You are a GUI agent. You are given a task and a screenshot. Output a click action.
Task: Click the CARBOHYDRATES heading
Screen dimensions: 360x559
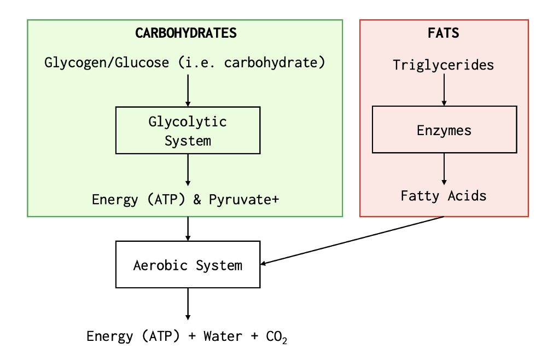186,33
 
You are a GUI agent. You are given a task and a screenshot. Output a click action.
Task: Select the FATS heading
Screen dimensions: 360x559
444,33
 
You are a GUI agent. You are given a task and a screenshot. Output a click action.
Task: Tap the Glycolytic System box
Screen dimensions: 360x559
188,130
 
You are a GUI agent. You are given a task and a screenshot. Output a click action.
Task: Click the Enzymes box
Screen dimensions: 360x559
444,130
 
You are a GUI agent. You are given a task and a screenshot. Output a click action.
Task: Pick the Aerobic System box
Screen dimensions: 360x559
188,265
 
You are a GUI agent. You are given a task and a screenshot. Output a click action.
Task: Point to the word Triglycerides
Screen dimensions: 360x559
444,65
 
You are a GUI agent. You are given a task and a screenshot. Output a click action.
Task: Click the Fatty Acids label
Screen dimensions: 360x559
444,195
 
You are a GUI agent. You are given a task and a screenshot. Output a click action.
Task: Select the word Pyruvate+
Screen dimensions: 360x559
244,200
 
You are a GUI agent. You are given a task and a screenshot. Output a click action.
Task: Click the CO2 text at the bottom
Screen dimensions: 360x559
277,336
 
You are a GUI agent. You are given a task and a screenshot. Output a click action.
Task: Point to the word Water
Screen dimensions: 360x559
223,336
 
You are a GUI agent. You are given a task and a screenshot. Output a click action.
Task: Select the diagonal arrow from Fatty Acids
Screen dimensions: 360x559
353,241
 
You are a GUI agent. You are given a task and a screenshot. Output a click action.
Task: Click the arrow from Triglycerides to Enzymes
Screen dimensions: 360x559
444,89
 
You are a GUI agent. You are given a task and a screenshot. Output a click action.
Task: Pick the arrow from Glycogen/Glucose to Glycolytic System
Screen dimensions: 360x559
188,90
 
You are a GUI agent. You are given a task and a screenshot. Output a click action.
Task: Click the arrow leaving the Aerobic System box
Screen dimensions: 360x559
188,304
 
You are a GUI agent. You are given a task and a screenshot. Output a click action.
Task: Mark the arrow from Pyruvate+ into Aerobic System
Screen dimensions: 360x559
188,229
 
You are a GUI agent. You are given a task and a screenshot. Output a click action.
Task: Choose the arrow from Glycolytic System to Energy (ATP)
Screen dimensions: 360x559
188,170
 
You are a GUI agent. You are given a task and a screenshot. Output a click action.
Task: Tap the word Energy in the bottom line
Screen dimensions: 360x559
109,336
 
